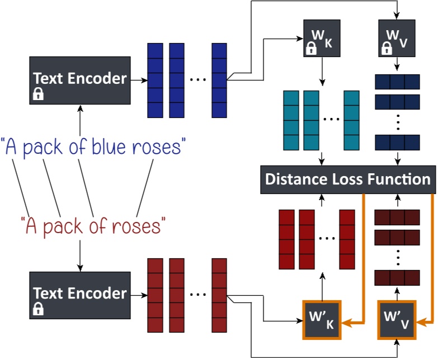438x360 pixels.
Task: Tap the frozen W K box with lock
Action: pos(321,39)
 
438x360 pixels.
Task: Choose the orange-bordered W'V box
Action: pos(397,320)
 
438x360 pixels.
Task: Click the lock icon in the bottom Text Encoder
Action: pos(39,309)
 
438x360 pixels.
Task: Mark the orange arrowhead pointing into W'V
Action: pos(421,321)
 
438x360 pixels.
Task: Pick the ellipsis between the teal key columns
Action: pos(331,119)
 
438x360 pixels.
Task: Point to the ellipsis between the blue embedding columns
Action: pos(197,80)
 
